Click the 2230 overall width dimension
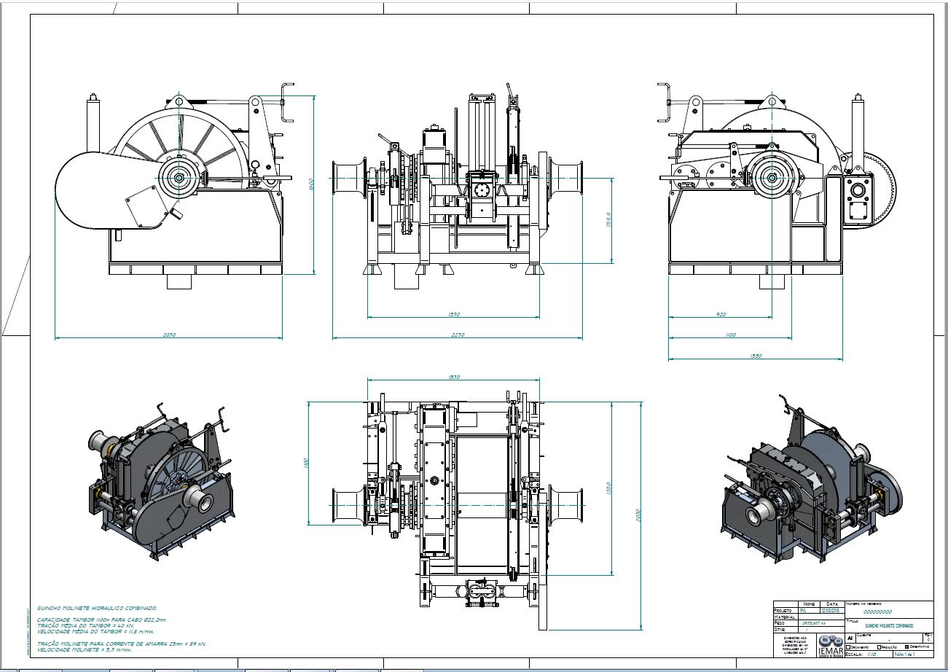click(458, 335)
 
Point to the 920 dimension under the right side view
click(721, 315)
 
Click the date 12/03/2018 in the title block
click(830, 610)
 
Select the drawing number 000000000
click(877, 612)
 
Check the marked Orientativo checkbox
click(906, 646)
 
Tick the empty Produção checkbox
click(880, 646)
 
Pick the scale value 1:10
click(871, 655)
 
